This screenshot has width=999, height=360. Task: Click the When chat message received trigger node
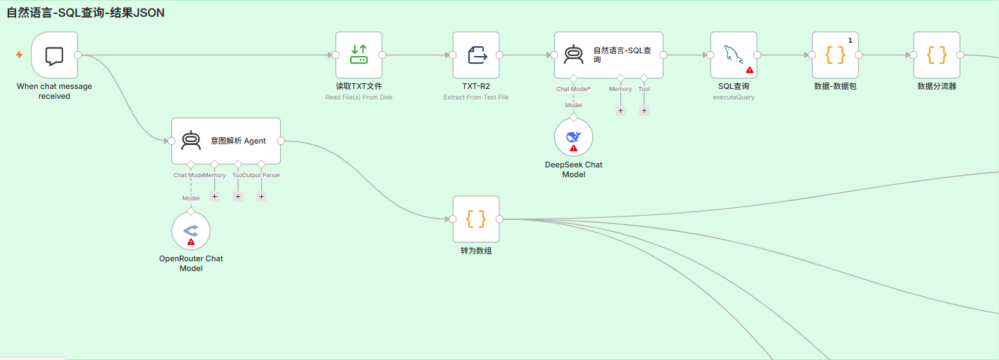[x=55, y=55]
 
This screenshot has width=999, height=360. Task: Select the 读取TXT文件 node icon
[x=358, y=55]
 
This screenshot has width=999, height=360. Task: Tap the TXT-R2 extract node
[x=476, y=55]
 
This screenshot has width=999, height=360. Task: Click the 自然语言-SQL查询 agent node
[x=609, y=55]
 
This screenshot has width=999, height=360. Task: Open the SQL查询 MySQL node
[x=734, y=55]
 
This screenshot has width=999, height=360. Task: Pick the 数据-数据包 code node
[x=835, y=55]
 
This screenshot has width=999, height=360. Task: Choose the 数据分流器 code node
[x=937, y=55]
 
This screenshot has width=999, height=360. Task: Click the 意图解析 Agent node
[x=226, y=141]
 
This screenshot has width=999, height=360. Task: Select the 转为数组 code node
[x=476, y=219]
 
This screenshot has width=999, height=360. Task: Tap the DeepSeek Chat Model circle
[x=573, y=137]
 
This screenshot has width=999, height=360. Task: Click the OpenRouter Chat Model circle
[x=191, y=231]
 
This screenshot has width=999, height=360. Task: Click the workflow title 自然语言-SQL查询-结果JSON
[x=85, y=13]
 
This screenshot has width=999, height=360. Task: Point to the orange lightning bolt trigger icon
[x=19, y=55]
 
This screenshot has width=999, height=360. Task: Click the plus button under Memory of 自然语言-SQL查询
[x=620, y=110]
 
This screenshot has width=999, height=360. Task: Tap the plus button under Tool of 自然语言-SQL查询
[x=644, y=110]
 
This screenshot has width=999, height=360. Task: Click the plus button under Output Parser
[x=261, y=196]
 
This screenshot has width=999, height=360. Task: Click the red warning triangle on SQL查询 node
[x=750, y=70]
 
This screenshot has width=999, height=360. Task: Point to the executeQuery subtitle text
[x=734, y=97]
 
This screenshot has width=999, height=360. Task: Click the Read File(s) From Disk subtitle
[x=359, y=97]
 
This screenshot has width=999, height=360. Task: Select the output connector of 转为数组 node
[x=500, y=219]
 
